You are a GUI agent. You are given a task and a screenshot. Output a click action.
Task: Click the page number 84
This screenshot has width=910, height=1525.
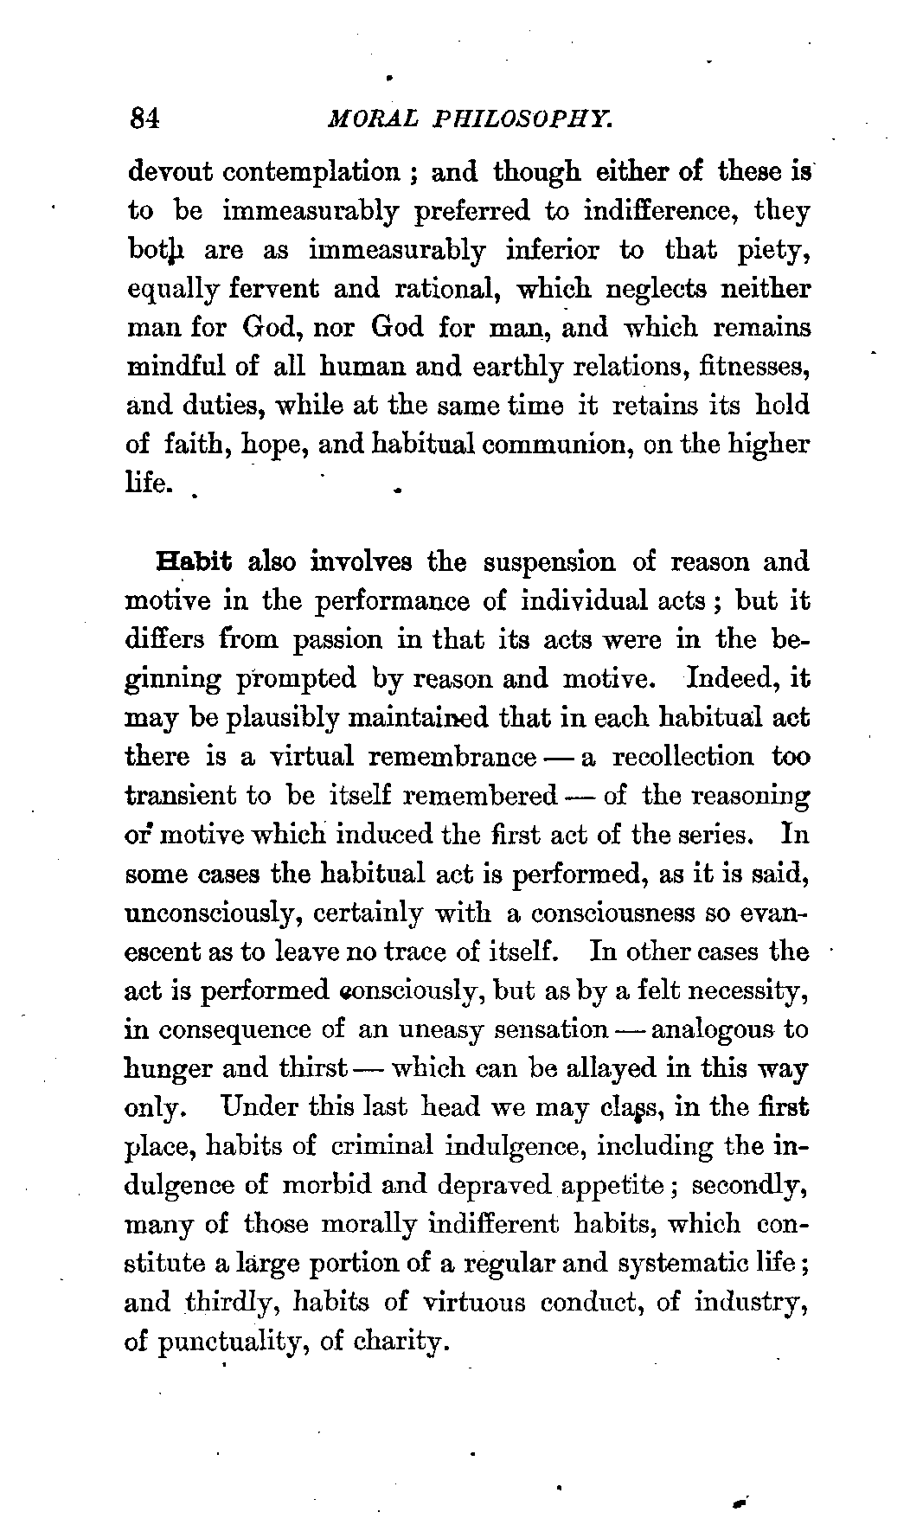[x=143, y=118]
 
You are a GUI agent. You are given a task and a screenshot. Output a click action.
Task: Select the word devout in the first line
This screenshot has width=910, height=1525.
[x=170, y=172]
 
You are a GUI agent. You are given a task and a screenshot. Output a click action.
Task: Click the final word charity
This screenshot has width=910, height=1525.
[x=400, y=1342]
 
